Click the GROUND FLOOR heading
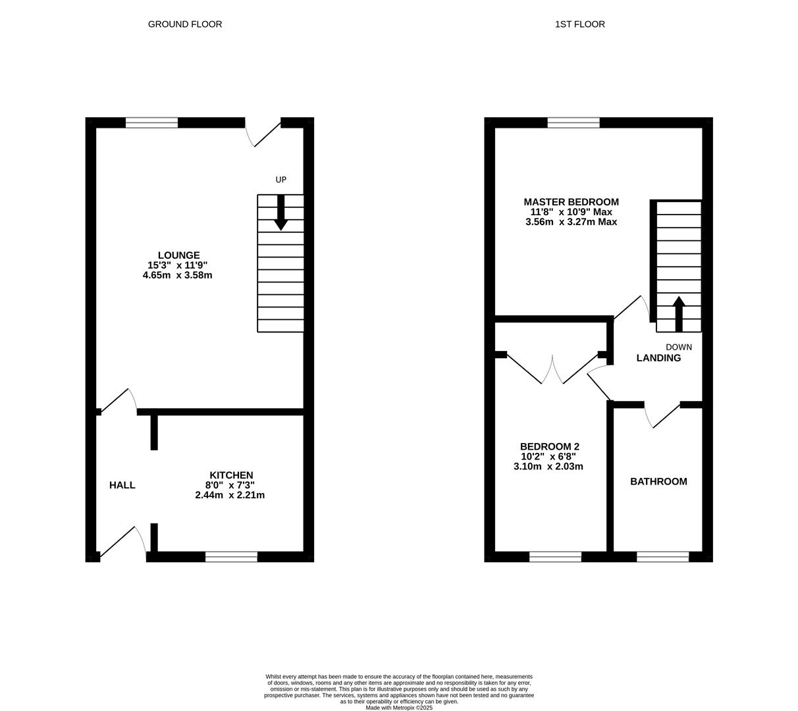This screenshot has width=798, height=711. click(x=185, y=24)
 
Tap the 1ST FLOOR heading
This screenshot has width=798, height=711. click(x=579, y=24)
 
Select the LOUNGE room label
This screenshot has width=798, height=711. click(x=179, y=255)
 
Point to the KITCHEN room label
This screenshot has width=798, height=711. click(x=231, y=475)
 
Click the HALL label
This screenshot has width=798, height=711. click(x=122, y=485)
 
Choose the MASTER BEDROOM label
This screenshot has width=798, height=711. click(x=571, y=202)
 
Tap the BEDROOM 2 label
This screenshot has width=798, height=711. click(x=550, y=447)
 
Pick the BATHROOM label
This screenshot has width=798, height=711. click(x=658, y=481)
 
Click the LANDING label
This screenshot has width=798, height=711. click(x=658, y=357)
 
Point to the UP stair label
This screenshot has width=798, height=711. click(x=281, y=180)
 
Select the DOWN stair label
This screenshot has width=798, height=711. click(x=679, y=347)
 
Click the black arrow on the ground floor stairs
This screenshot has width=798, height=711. click(x=280, y=213)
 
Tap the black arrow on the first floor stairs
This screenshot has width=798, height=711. click(x=679, y=314)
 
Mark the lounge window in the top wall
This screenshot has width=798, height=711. click(x=151, y=122)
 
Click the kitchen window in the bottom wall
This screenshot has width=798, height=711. click(x=231, y=556)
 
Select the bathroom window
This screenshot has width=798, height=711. click(x=663, y=556)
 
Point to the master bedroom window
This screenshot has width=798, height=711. click(x=573, y=122)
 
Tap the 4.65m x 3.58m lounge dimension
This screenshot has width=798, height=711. click(x=178, y=275)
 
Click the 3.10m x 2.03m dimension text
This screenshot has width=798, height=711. click(x=548, y=466)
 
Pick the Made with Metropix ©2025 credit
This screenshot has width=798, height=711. click(x=399, y=708)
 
